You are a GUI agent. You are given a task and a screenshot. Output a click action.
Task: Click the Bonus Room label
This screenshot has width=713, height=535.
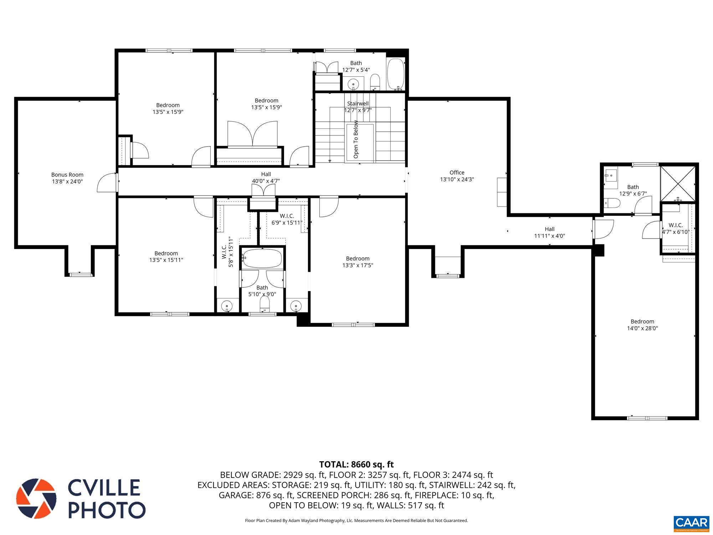click(x=67, y=175)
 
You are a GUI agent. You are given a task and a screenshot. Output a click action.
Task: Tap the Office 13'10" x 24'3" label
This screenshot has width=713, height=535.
click(x=457, y=176)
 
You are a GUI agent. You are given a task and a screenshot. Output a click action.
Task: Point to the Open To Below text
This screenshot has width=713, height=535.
click(x=356, y=139)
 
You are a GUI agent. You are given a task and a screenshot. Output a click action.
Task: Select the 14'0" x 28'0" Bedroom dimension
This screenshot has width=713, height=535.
click(x=642, y=328)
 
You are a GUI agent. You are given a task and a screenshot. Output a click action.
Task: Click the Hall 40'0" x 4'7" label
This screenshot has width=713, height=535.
click(x=266, y=177)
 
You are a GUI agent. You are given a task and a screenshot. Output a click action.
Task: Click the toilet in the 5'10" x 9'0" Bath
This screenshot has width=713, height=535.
click(x=264, y=304)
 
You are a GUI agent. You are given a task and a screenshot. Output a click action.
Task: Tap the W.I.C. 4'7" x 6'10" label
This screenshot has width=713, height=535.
click(x=676, y=228)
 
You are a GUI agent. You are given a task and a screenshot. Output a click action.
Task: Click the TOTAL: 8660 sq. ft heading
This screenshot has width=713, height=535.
click(x=356, y=464)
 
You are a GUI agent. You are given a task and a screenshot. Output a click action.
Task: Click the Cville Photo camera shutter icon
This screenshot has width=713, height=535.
click(x=36, y=498)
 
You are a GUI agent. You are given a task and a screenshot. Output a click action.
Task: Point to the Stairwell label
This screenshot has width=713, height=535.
click(x=358, y=104)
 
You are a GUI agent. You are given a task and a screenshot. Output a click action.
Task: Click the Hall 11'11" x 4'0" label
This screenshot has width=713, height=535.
click(x=549, y=232)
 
